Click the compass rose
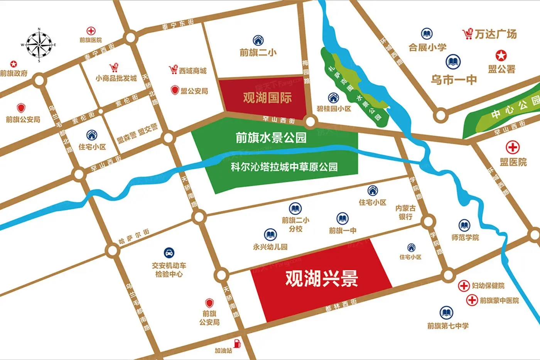click(39, 45)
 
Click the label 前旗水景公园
click(271, 138)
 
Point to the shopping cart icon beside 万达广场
click(467, 34)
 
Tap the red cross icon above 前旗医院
click(91, 31)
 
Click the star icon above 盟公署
click(501, 56)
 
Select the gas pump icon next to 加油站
click(238, 342)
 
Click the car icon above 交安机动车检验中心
click(169, 253)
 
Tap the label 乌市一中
click(454, 80)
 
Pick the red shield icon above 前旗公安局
click(21, 108)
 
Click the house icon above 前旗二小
click(258, 40)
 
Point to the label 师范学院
click(465, 237)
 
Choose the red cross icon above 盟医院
click(513, 147)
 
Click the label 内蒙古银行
click(405, 212)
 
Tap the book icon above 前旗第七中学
click(446, 313)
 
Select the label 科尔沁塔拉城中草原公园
click(284, 167)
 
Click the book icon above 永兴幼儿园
click(270, 235)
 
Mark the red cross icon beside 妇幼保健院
click(464, 286)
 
